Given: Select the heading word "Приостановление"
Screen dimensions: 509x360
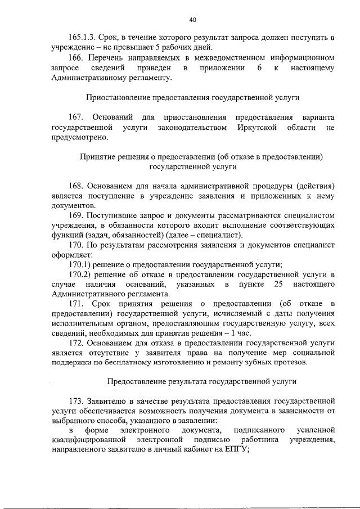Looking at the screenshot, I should pyautogui.click(x=116, y=97).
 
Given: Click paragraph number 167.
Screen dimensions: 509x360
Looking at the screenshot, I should pyautogui.click(x=76, y=117).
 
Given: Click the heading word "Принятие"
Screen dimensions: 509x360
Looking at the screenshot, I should pyautogui.click(x=96, y=157).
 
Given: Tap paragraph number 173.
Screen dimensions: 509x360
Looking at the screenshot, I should pyautogui.click(x=76, y=402).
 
